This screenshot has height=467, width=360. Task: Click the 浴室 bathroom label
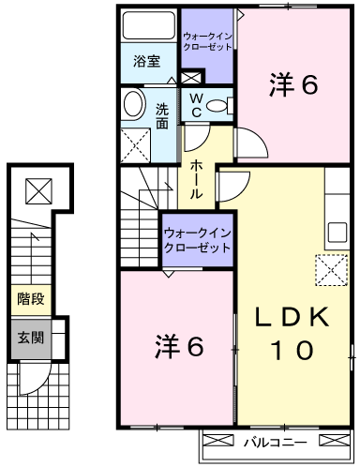[146, 62]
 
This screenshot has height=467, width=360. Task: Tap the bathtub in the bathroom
[148, 25]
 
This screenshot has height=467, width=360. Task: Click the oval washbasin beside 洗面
[135, 104]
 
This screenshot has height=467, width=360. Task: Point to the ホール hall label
[196, 179]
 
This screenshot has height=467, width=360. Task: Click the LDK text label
[292, 317]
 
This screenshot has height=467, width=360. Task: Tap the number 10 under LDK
[292, 350]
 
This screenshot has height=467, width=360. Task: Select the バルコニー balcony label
[276, 442]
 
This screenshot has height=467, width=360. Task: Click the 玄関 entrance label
[31, 338]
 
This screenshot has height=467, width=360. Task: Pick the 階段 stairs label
[31, 299]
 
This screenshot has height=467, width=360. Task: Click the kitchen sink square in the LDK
[337, 233]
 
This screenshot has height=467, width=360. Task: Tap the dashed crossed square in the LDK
[332, 270]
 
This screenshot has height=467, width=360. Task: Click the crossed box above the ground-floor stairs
[38, 191]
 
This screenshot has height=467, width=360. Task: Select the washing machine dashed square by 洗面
[136, 145]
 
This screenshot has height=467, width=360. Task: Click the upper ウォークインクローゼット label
[207, 42]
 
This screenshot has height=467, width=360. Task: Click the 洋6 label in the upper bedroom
[293, 84]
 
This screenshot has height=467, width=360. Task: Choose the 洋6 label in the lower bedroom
[179, 346]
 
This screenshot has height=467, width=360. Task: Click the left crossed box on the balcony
[218, 440]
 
